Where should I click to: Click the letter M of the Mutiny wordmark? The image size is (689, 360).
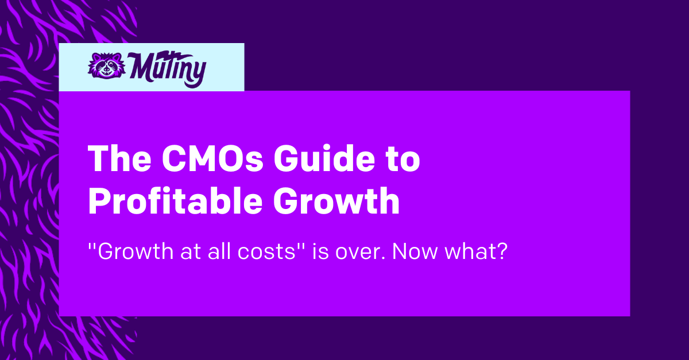pyautogui.click(x=140, y=66)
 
